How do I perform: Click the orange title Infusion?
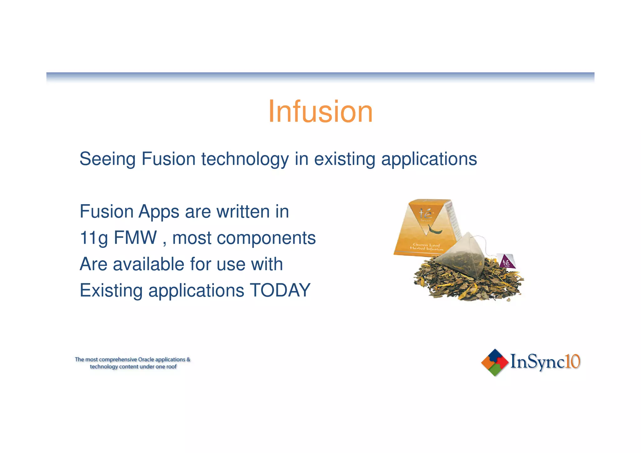(x=320, y=112)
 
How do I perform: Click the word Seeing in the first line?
(x=107, y=159)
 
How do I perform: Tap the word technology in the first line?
(x=245, y=159)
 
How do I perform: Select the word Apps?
(x=159, y=212)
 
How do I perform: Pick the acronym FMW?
(x=135, y=238)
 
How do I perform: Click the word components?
(x=266, y=238)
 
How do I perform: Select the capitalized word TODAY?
(x=280, y=291)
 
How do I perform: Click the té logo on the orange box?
(x=425, y=214)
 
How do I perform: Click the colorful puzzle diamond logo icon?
(x=495, y=362)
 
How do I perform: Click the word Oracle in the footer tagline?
(x=146, y=359)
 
